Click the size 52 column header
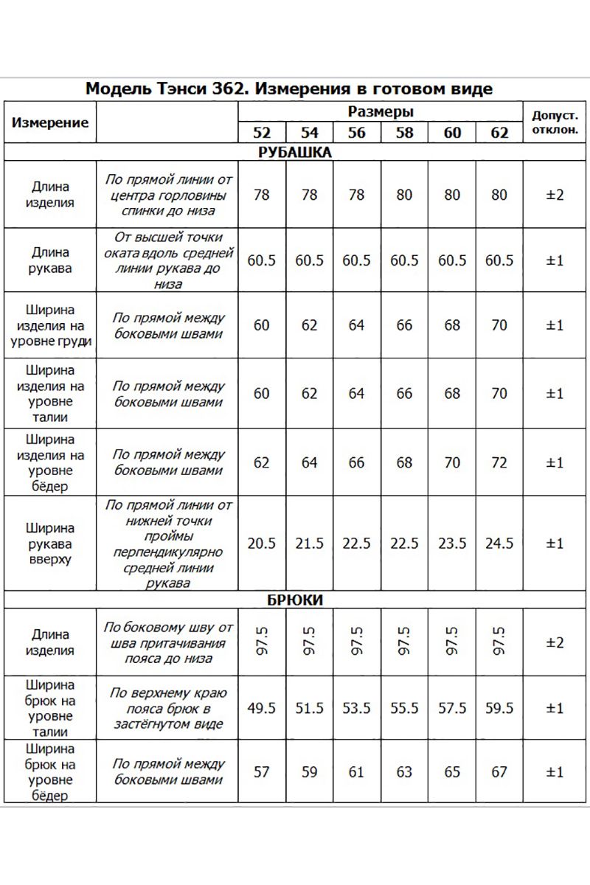[262, 133]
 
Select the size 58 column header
[405, 133]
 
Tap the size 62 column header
[499, 133]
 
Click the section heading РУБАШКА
[295, 153]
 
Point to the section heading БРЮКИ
[295, 600]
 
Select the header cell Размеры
[380, 112]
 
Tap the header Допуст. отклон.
[555, 122]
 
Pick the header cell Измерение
[50, 122]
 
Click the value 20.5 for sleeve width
[262, 544]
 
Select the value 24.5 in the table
[499, 544]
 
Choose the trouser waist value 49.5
[262, 708]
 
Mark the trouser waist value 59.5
[499, 708]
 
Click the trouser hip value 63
[405, 772]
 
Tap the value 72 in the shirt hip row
[499, 463]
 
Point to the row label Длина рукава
[50, 260]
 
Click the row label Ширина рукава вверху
[50, 544]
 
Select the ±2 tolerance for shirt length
[555, 195]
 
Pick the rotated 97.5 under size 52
[262, 642]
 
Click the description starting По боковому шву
[168, 642]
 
